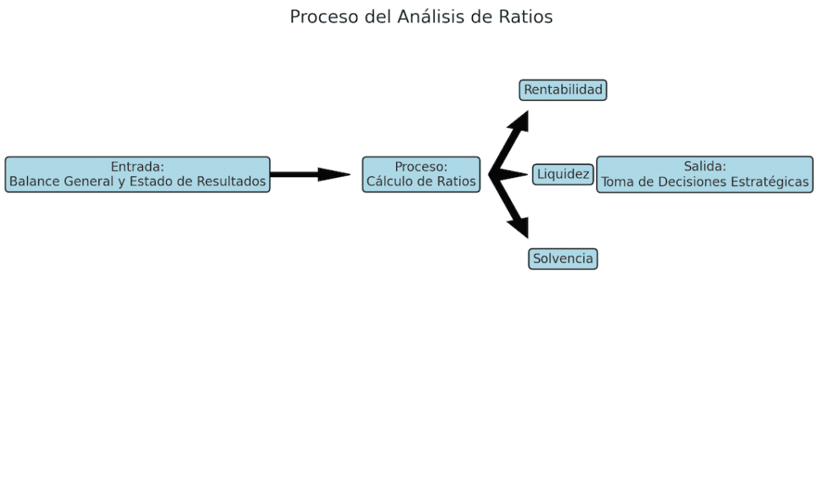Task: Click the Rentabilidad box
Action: click(563, 90)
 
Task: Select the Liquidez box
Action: click(563, 174)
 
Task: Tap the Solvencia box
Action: click(563, 259)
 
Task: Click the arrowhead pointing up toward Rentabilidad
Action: click(520, 121)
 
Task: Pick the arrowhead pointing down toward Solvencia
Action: click(520, 227)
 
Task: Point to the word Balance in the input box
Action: click(34, 182)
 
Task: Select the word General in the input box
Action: click(89, 182)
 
